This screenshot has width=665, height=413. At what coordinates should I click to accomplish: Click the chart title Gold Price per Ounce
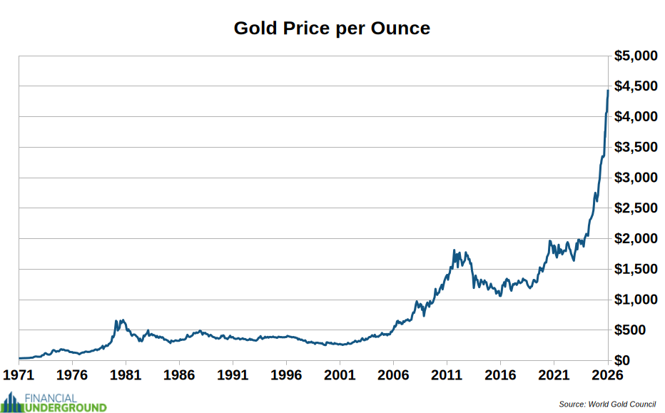[x=332, y=29]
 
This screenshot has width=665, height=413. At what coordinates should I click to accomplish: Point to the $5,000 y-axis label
[x=636, y=56]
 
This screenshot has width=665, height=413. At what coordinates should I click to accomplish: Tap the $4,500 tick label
[x=636, y=86]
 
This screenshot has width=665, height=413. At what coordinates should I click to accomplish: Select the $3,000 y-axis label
[x=636, y=178]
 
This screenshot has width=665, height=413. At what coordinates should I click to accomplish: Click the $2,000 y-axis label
[x=636, y=238]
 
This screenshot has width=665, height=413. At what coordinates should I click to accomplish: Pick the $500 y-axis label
[x=640, y=330]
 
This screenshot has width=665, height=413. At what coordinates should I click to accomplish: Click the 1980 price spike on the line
[x=116, y=322]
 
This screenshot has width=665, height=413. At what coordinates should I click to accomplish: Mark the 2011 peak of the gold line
[x=455, y=250]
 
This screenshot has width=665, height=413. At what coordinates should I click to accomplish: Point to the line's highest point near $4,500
[x=607, y=91]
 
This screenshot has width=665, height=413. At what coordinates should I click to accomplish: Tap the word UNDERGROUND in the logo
[x=66, y=407]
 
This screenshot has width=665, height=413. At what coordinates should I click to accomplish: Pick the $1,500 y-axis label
[x=636, y=269]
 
